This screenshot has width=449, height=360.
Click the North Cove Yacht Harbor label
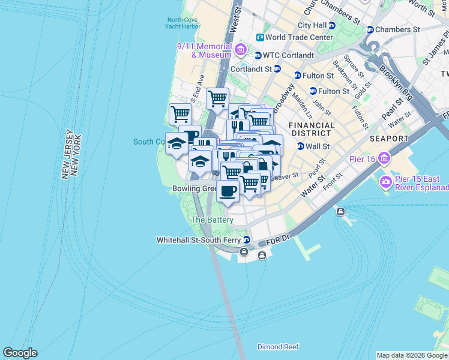click(x=183, y=23)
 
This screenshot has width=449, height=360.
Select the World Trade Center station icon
click(x=261, y=37)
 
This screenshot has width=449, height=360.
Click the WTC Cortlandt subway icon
click(x=258, y=55)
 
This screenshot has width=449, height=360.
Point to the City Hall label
click(x=312, y=26)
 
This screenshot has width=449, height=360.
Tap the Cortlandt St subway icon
click(x=277, y=69)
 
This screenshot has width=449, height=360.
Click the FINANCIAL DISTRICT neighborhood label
click(x=310, y=129)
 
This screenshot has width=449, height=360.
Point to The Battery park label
click(x=211, y=220)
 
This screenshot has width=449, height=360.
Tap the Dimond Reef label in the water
click(x=278, y=347)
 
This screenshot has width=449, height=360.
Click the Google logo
click(x=20, y=353)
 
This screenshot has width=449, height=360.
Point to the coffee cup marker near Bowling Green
click(x=227, y=192)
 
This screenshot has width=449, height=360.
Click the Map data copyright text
click(x=412, y=355)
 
